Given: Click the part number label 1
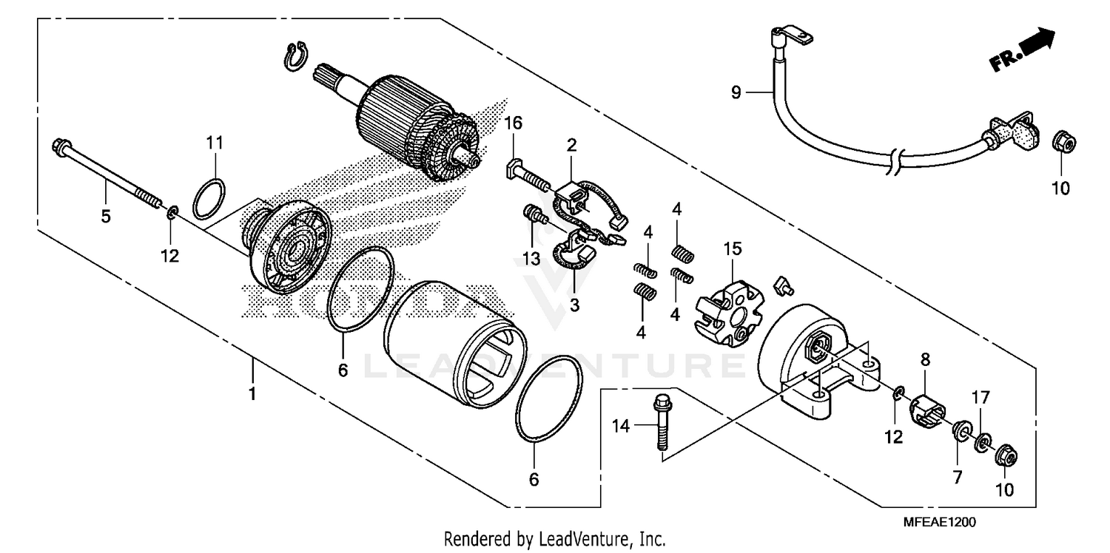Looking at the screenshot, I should point(252,393).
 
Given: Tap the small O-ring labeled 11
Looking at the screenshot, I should point(209,199).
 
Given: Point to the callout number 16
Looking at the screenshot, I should point(514,123).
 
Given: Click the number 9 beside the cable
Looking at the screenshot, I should point(736,92).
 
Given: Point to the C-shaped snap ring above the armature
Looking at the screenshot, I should point(295,57).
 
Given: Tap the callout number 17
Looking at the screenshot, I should point(980,397).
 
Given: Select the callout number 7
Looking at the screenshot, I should point(957,478).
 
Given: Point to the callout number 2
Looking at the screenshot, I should point(571,144).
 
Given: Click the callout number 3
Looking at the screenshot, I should point(574,304).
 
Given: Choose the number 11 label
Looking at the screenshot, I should point(215,143).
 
